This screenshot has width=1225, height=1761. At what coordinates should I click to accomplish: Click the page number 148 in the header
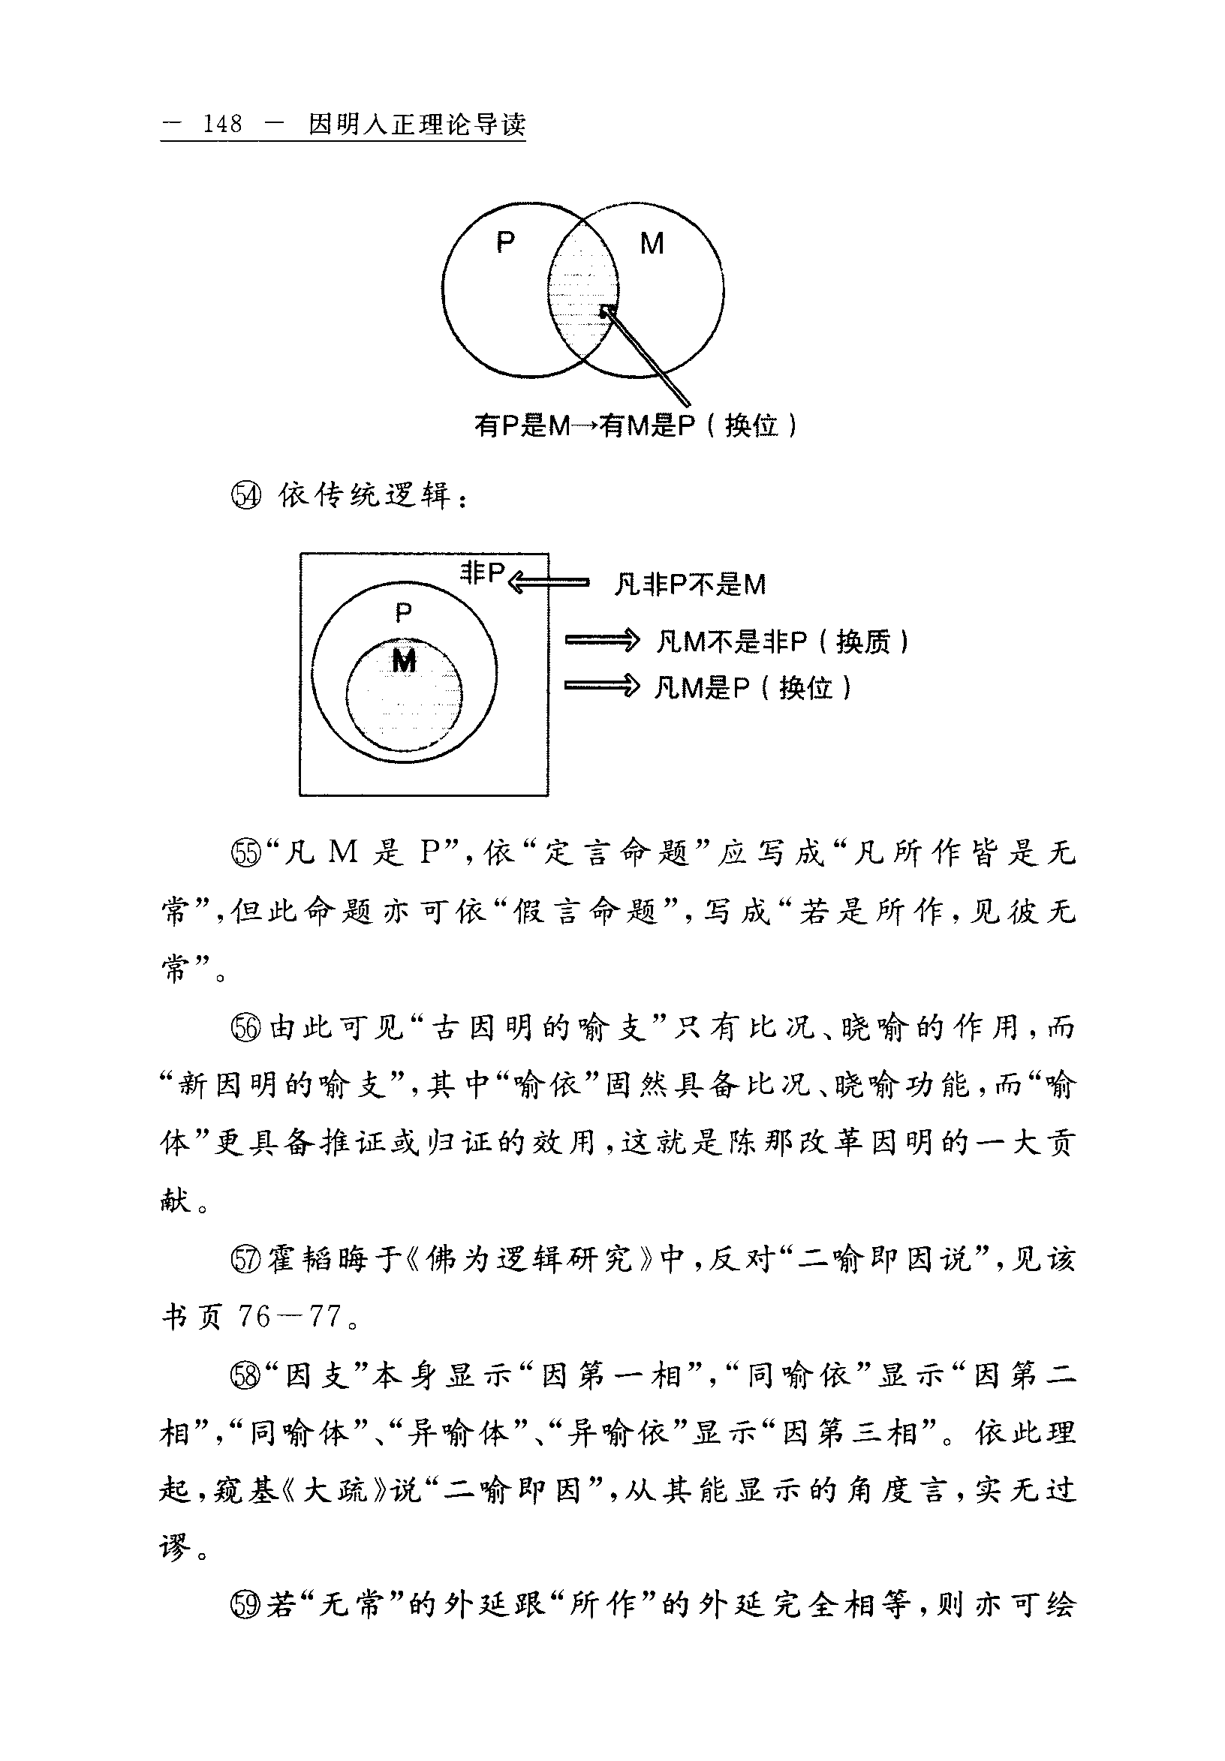(x=222, y=124)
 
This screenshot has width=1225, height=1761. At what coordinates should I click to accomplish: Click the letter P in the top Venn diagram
(x=504, y=242)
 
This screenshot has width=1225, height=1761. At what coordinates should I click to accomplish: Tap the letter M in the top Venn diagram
(x=652, y=244)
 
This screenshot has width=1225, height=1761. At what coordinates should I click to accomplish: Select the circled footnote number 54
(x=246, y=496)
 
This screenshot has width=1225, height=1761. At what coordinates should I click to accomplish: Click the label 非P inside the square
(x=483, y=572)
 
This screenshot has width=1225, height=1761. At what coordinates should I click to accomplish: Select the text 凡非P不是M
(x=690, y=585)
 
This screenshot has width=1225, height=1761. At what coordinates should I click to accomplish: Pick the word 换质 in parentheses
(x=862, y=642)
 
